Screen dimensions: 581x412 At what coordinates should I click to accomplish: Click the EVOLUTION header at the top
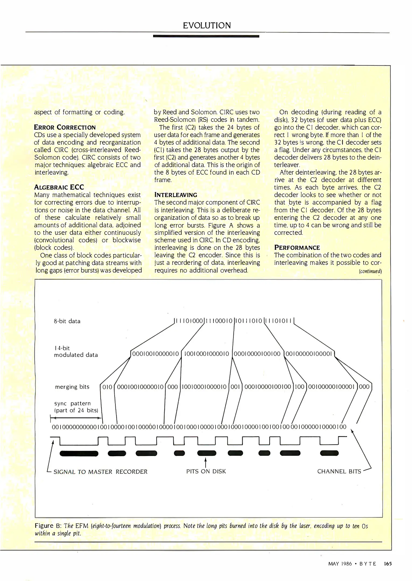pos(207,26)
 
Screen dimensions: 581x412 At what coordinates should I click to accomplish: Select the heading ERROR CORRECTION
pos(65,127)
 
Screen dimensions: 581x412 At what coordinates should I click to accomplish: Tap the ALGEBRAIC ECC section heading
pos(59,187)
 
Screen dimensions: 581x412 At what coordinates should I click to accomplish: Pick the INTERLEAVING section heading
pos(176,195)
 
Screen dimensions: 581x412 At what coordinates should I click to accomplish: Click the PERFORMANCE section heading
pos(297,247)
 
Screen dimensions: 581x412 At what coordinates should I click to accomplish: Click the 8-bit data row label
pos(67,321)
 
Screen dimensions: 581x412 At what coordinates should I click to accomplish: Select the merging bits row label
pos(72,387)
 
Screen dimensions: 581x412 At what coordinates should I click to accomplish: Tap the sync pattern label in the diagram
pos(73,403)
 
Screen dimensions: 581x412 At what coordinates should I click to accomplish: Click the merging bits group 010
pos(107,387)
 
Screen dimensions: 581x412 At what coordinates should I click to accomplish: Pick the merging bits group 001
pos(235,387)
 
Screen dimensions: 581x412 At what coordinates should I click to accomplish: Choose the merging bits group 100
pos(300,387)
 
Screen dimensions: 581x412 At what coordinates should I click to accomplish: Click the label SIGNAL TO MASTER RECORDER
pos(100,472)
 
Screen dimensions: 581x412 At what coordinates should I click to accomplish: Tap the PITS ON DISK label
pos(206,471)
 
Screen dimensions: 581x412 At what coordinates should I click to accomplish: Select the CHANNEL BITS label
pos(339,471)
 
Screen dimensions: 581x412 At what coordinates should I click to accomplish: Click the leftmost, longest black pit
pos(79,454)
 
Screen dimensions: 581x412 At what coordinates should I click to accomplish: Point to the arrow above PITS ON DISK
pos(206,462)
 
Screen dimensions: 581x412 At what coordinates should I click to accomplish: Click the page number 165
pos(388,564)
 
